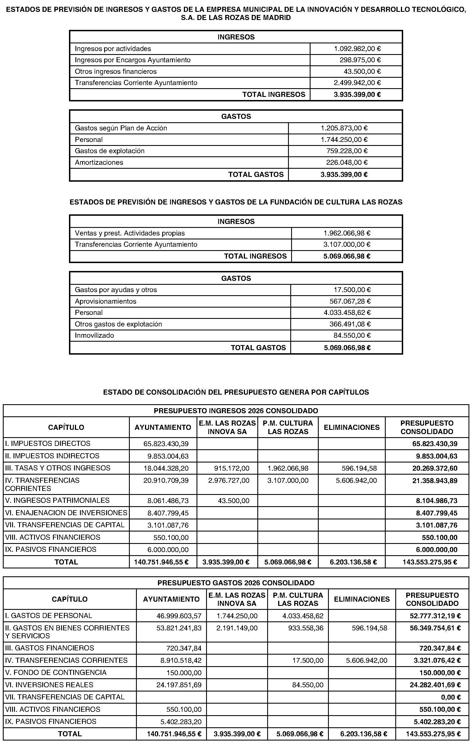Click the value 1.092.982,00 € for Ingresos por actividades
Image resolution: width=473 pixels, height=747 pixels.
[357, 49]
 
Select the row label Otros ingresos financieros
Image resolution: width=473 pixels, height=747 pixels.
[115, 72]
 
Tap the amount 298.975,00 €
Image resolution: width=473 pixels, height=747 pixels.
[360, 60]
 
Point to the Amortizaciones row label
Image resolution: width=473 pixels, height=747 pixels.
[99, 163]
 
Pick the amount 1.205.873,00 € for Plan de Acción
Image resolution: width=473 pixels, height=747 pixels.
[344, 128]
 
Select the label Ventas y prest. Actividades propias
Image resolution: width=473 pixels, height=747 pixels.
[130, 233]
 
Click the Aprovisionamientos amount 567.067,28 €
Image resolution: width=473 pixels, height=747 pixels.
[350, 301]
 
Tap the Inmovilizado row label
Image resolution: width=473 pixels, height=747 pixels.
[94, 336]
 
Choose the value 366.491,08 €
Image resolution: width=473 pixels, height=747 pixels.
[350, 324]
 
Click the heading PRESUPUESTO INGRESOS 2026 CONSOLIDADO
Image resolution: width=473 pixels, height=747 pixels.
[236, 411]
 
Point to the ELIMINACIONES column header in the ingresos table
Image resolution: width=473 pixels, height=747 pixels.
[351, 428]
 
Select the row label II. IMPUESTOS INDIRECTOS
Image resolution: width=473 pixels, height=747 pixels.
[52, 456]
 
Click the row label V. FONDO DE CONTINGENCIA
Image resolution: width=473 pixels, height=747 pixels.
[55, 673]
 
